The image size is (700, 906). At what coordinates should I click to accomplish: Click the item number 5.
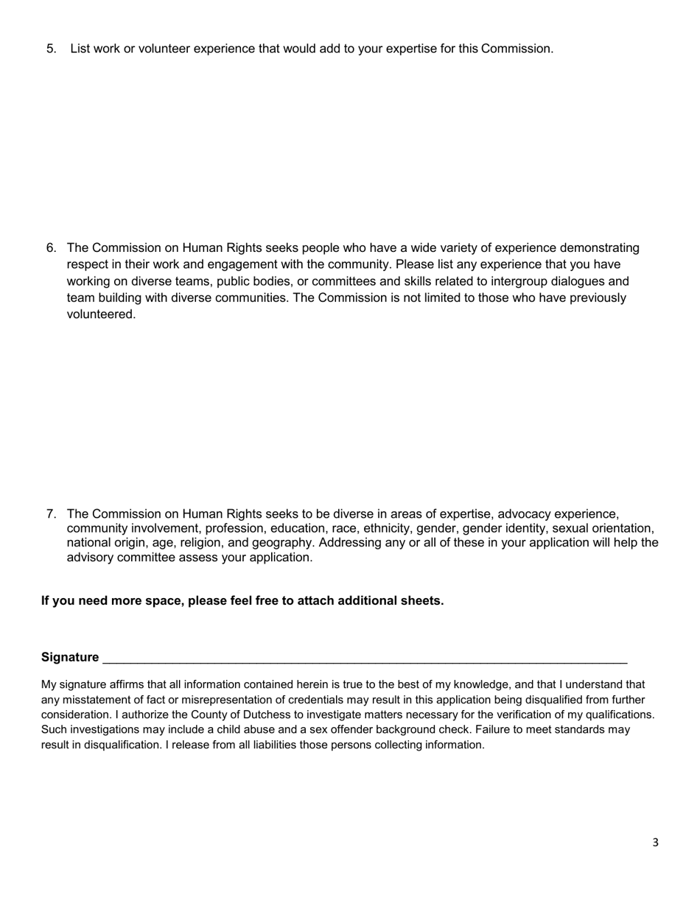tap(51, 49)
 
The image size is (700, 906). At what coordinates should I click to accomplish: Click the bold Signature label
tap(70, 657)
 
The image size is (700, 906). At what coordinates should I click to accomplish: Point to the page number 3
tap(655, 843)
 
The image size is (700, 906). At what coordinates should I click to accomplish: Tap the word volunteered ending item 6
tap(101, 315)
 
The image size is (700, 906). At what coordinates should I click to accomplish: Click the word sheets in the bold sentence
tap(421, 600)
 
